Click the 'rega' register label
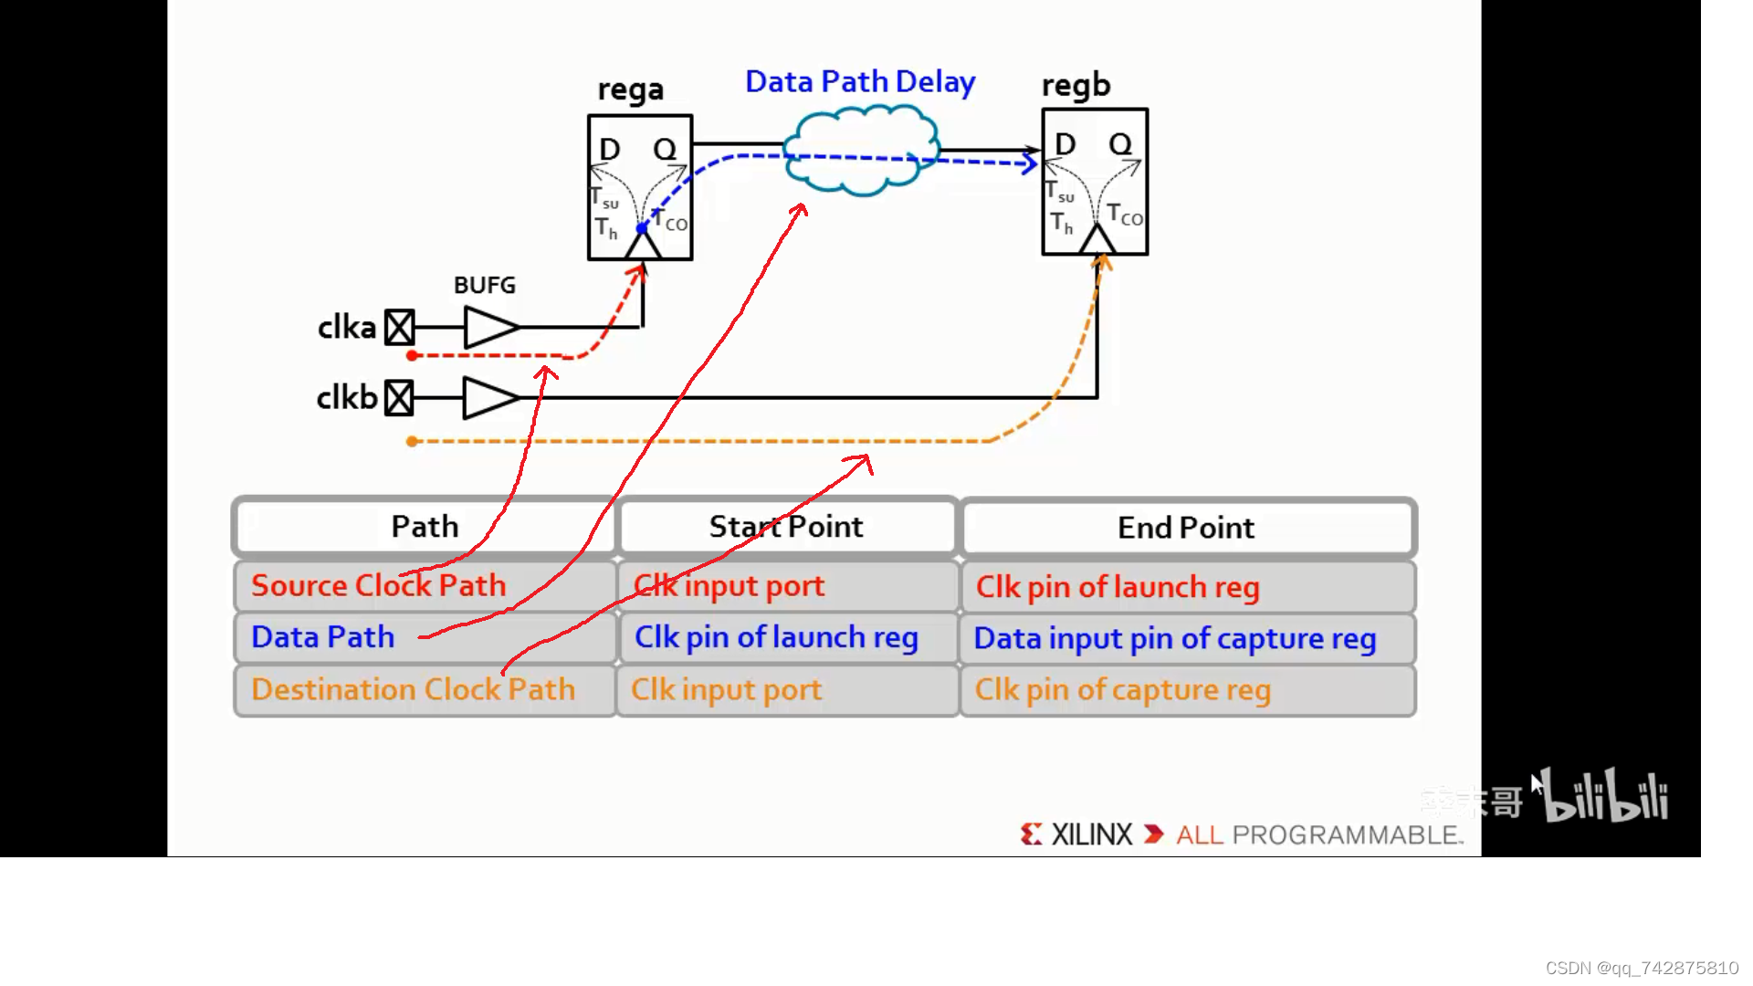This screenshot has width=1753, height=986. coord(630,89)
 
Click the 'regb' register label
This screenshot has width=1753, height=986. coord(1076,85)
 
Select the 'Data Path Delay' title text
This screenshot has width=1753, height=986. coord(860,82)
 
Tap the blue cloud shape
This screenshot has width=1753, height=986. coord(861,149)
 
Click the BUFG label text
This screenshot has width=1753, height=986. coord(484,286)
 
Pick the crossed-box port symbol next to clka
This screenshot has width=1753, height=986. coord(399,327)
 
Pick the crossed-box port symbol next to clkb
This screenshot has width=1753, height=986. coord(399,398)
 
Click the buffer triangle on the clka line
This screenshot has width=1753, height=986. coord(488,327)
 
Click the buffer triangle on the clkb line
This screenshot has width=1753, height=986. coord(488,398)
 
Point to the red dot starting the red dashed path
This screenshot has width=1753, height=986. coord(412,355)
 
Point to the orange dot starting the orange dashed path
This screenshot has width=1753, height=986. coord(412,441)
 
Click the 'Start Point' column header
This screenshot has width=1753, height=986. coord(786,527)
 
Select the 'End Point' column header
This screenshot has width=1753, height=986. coord(1186,528)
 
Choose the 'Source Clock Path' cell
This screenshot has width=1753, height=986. coord(379,585)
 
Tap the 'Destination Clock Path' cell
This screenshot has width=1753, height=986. coord(413,689)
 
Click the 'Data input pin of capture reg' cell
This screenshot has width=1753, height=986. coord(1174,638)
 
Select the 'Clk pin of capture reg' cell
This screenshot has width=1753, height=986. coord(1122,690)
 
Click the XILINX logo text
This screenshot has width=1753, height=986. coord(1090,834)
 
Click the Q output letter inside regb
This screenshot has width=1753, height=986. coord(1120,144)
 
